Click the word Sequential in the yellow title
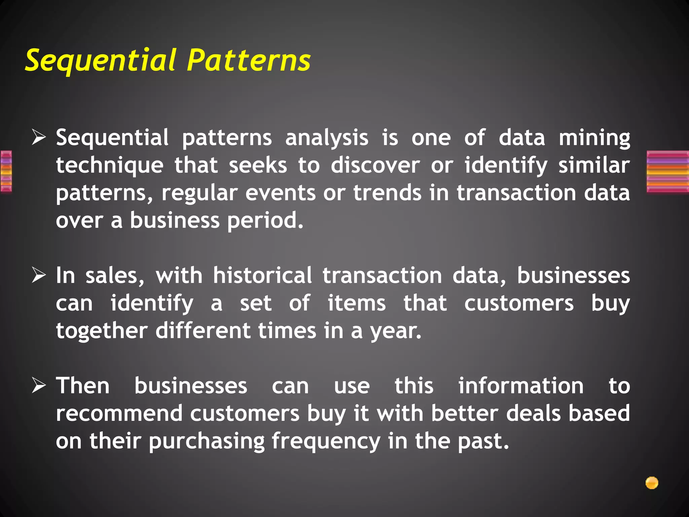coord(101,61)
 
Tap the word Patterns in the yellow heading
coord(249,61)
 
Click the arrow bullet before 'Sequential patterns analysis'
coord(39,138)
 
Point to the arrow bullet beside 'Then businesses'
coord(39,386)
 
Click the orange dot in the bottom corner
coord(652,483)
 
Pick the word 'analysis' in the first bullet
coord(327,138)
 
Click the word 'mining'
coord(594,138)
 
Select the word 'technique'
coord(110,166)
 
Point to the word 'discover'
coord(375,166)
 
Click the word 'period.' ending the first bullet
coord(265,221)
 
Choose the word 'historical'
coord(262,276)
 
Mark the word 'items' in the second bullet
coord(357,303)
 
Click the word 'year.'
coord(396,331)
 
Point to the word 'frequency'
coord(326,441)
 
